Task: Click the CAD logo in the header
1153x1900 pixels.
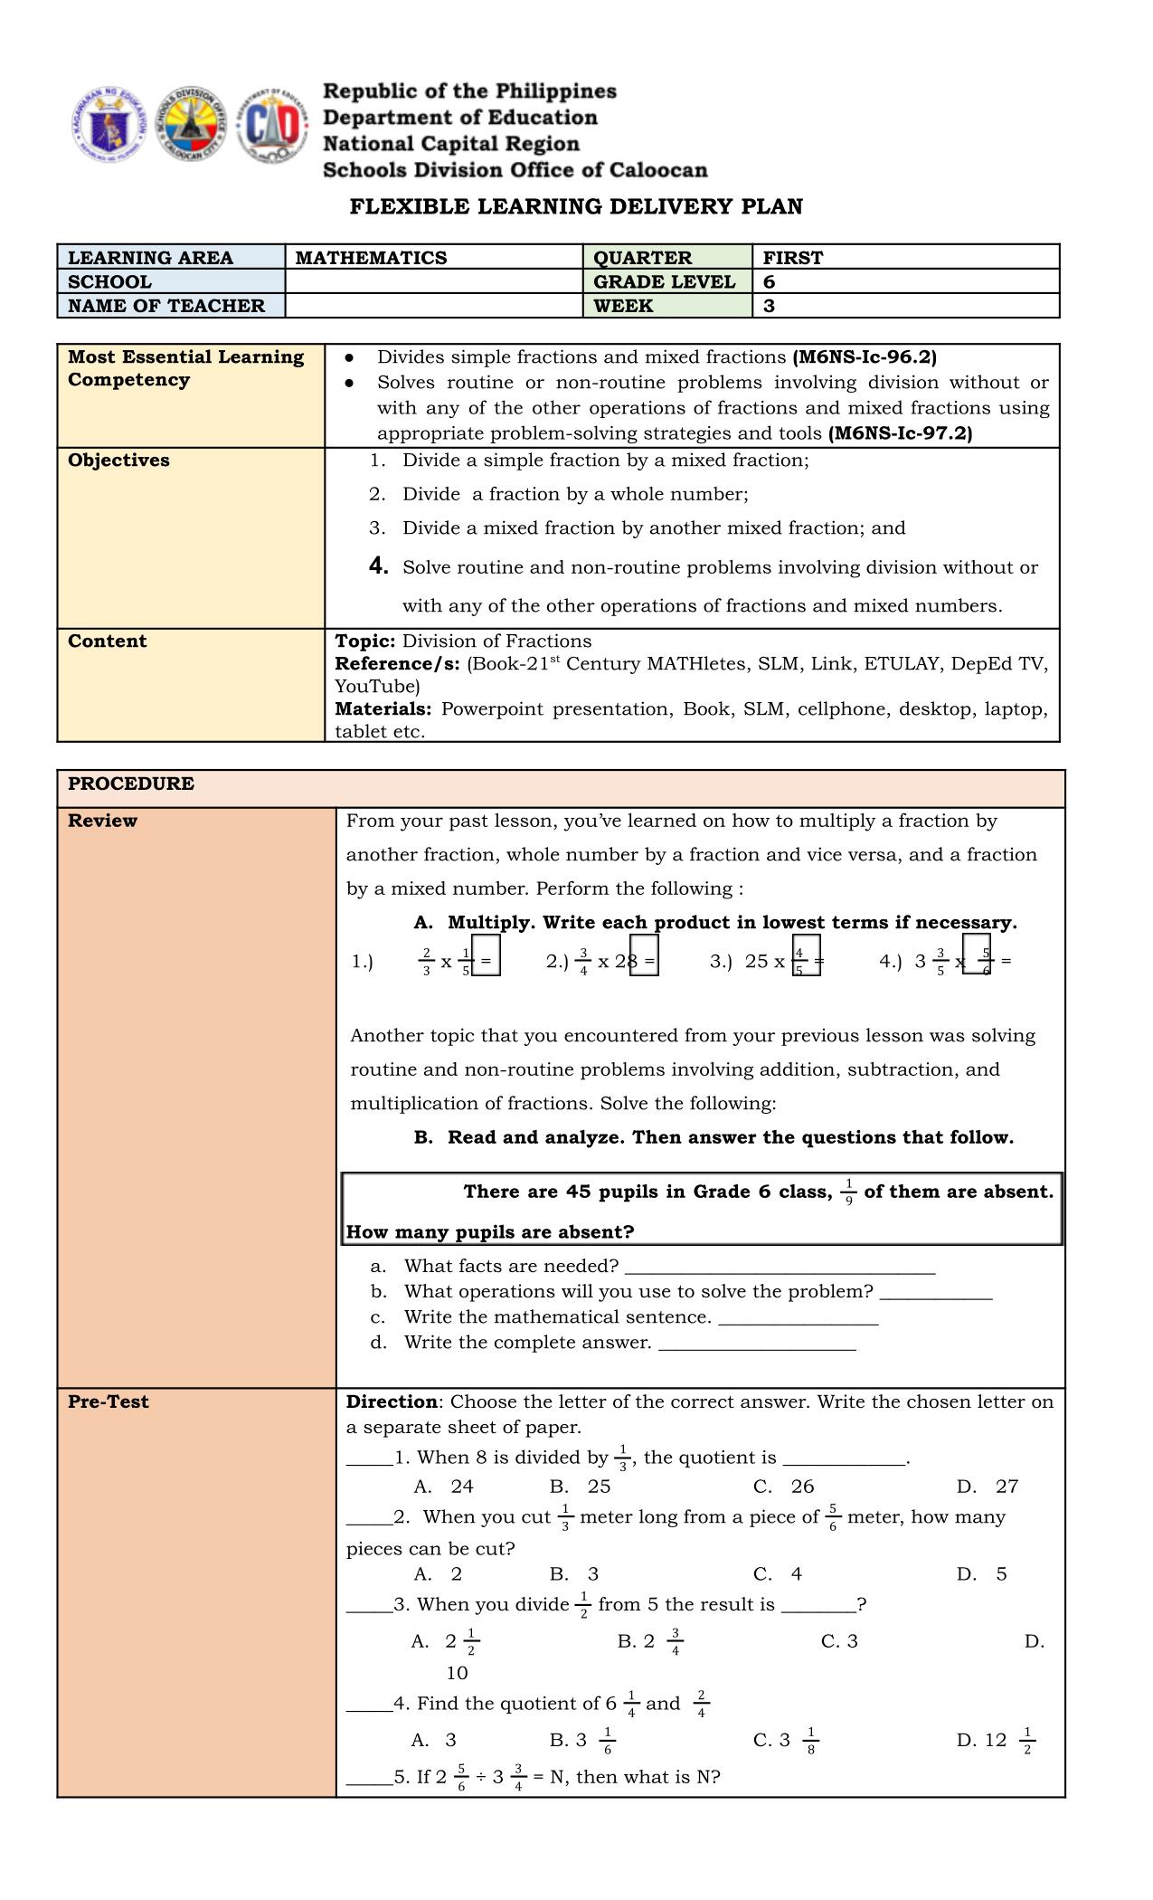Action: point(272,127)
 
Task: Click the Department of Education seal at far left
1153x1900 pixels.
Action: point(108,127)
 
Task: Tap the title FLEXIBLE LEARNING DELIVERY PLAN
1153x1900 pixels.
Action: point(576,206)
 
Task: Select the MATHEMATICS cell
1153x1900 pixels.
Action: point(371,258)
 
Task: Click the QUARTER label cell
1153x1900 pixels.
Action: point(642,258)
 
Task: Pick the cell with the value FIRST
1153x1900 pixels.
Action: point(793,258)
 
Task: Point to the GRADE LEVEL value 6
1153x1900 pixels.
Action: point(769,281)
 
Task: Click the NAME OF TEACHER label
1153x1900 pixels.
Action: point(166,306)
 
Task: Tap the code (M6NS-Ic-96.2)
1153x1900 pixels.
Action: point(865,357)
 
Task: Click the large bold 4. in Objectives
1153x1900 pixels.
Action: point(379,566)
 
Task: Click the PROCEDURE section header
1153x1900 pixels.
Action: point(131,784)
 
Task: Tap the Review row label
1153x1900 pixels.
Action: point(102,821)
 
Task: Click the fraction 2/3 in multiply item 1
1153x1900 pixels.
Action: point(426,962)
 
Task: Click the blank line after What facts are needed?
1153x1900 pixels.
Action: point(780,1267)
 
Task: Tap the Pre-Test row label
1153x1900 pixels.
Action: point(108,1401)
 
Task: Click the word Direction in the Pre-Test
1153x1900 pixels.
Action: point(392,1401)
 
